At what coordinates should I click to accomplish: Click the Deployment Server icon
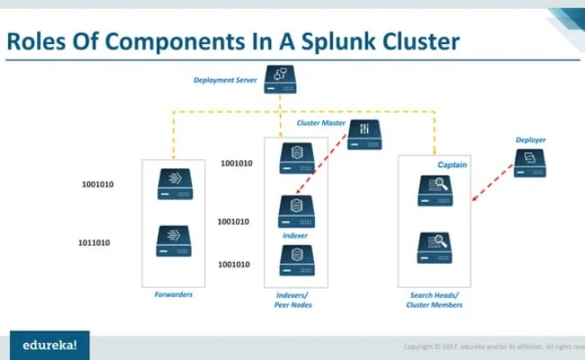[x=280, y=79]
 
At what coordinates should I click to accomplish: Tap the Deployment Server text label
[x=225, y=80]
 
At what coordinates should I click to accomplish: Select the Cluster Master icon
[x=364, y=134]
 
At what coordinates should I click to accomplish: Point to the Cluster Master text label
[x=321, y=122]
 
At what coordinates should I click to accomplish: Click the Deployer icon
[x=530, y=162]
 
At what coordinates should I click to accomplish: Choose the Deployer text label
[x=530, y=140]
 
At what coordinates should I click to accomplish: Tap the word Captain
[x=453, y=166]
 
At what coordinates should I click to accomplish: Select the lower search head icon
[x=434, y=247]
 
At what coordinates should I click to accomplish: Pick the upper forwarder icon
[x=174, y=184]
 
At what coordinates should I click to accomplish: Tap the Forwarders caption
[x=173, y=294]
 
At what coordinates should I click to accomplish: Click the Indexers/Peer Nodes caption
[x=295, y=300]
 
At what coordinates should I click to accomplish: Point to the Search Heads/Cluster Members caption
[x=434, y=300]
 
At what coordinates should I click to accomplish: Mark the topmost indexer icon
[x=296, y=157]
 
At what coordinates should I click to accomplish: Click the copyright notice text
[x=490, y=346]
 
